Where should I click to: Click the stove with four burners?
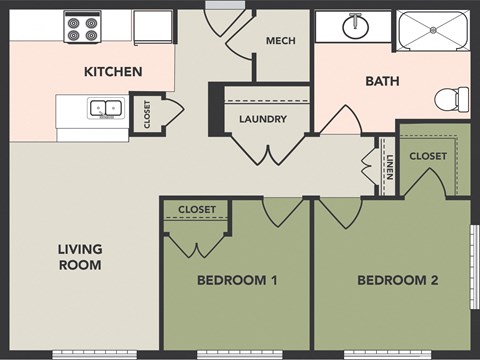(x=81, y=27)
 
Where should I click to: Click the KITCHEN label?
(x=113, y=72)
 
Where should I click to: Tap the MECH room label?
(x=279, y=41)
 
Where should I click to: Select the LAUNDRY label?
(x=263, y=119)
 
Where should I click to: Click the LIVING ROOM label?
(x=79, y=257)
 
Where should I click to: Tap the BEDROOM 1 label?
(x=237, y=281)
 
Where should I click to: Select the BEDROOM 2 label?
(x=397, y=281)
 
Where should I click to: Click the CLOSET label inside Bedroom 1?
(x=196, y=209)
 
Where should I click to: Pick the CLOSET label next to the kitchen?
(x=147, y=116)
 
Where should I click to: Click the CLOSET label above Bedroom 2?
(x=428, y=156)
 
